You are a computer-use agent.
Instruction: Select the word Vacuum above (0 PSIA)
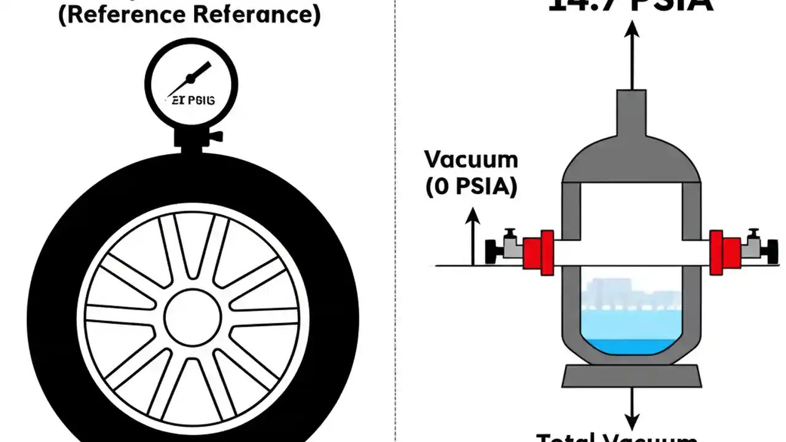tap(471, 160)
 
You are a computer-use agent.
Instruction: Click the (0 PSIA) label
tap(471, 186)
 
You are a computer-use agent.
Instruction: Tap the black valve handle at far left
tap(492, 250)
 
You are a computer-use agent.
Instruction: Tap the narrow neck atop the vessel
tap(631, 110)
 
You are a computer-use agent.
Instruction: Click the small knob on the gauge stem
tap(214, 136)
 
